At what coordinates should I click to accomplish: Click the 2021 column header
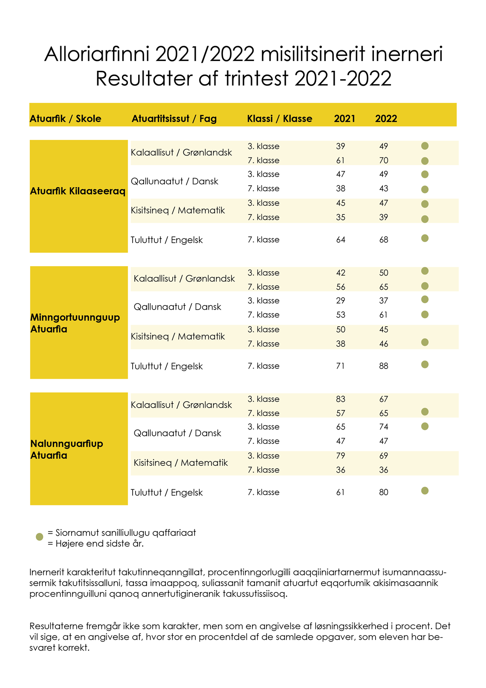point(344,119)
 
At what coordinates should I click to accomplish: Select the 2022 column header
point(386,119)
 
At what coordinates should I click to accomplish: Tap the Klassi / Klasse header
point(279,119)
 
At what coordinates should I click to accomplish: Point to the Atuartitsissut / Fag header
point(174,119)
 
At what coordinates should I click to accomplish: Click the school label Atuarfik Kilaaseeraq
point(78,191)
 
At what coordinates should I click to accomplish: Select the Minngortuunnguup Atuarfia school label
point(75,323)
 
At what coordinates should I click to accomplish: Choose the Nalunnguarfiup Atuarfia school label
point(67,449)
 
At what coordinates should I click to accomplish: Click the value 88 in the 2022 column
point(384,366)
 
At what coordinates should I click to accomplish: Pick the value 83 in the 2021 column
point(340,399)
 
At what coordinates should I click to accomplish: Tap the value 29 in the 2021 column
point(340,301)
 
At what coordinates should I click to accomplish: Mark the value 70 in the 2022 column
point(384,160)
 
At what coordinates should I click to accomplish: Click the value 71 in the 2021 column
point(340,366)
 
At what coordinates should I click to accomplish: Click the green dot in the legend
point(40,537)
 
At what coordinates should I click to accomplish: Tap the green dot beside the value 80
point(425,491)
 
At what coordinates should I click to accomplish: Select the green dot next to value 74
point(425,426)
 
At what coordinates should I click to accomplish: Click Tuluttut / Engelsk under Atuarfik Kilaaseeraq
point(167,240)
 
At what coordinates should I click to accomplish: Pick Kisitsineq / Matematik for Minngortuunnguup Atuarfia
point(178,337)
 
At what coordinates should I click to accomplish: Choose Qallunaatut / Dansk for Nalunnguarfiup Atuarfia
point(177,433)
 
